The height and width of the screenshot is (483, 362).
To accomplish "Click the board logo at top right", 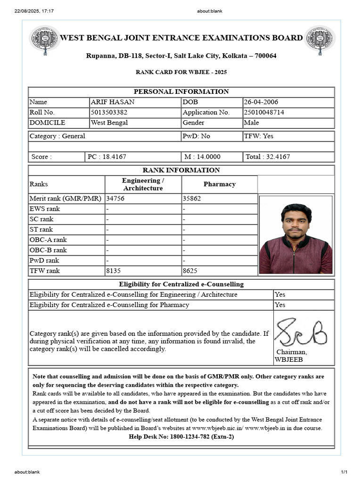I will click(320, 39).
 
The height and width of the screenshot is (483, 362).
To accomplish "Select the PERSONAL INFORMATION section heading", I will click(181, 92).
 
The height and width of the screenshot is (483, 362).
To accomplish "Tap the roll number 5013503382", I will click(109, 112).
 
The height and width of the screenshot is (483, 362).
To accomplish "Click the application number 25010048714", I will click(263, 112).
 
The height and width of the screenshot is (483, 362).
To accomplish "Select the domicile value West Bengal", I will click(109, 123).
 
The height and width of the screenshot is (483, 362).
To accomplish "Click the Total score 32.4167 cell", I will click(268, 157).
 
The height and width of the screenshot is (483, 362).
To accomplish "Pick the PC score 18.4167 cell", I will click(107, 157).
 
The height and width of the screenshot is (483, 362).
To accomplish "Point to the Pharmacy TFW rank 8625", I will click(191, 271).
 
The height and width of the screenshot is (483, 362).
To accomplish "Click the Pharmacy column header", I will click(219, 184).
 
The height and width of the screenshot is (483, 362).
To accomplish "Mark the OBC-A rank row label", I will click(48, 240).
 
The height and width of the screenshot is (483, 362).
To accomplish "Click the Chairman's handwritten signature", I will click(300, 333).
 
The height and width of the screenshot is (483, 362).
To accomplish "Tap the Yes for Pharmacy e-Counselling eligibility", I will click(280, 305).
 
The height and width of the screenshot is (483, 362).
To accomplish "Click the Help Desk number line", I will click(181, 436).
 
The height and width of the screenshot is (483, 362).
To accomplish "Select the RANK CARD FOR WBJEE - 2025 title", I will click(181, 72).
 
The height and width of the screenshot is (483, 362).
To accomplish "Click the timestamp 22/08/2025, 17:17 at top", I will click(34, 11).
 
